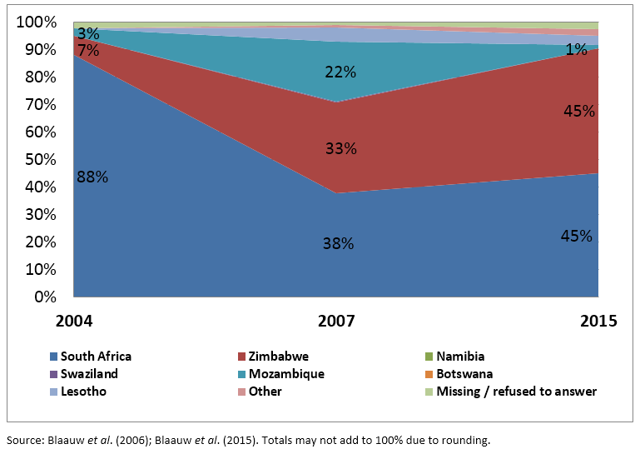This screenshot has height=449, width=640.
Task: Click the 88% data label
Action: tap(92, 177)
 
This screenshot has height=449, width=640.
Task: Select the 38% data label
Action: tap(339, 244)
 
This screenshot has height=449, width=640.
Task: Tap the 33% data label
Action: tap(340, 149)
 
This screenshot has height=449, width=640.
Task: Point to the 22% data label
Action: tap(340, 72)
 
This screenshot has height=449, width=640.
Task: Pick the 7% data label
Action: tap(88, 51)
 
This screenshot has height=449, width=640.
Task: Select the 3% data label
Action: tap(88, 34)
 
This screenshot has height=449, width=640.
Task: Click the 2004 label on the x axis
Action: tap(74, 321)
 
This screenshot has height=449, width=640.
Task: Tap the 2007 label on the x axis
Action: tap(336, 321)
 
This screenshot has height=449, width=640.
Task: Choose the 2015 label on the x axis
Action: tap(598, 321)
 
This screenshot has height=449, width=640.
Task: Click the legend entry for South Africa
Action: tap(96, 357)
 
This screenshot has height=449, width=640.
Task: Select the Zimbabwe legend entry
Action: tap(280, 357)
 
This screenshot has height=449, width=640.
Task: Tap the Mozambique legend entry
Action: tap(286, 374)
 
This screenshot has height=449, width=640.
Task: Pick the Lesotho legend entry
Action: tap(83, 392)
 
